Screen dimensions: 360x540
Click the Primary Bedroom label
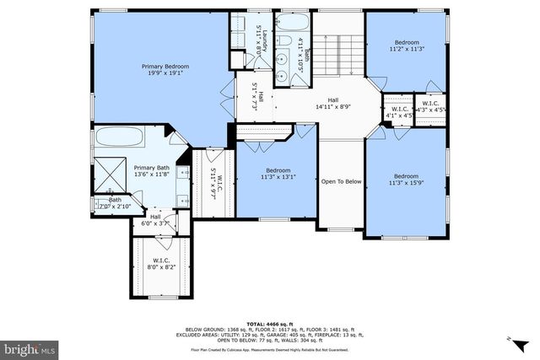pos(165,66)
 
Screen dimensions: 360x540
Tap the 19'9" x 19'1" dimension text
pos(165,73)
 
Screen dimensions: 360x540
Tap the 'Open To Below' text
pos(341,181)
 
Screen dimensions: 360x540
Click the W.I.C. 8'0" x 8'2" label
pos(161,263)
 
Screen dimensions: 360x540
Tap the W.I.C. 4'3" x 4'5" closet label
pos(429,108)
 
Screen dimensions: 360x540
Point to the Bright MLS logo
pos(30,347)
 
